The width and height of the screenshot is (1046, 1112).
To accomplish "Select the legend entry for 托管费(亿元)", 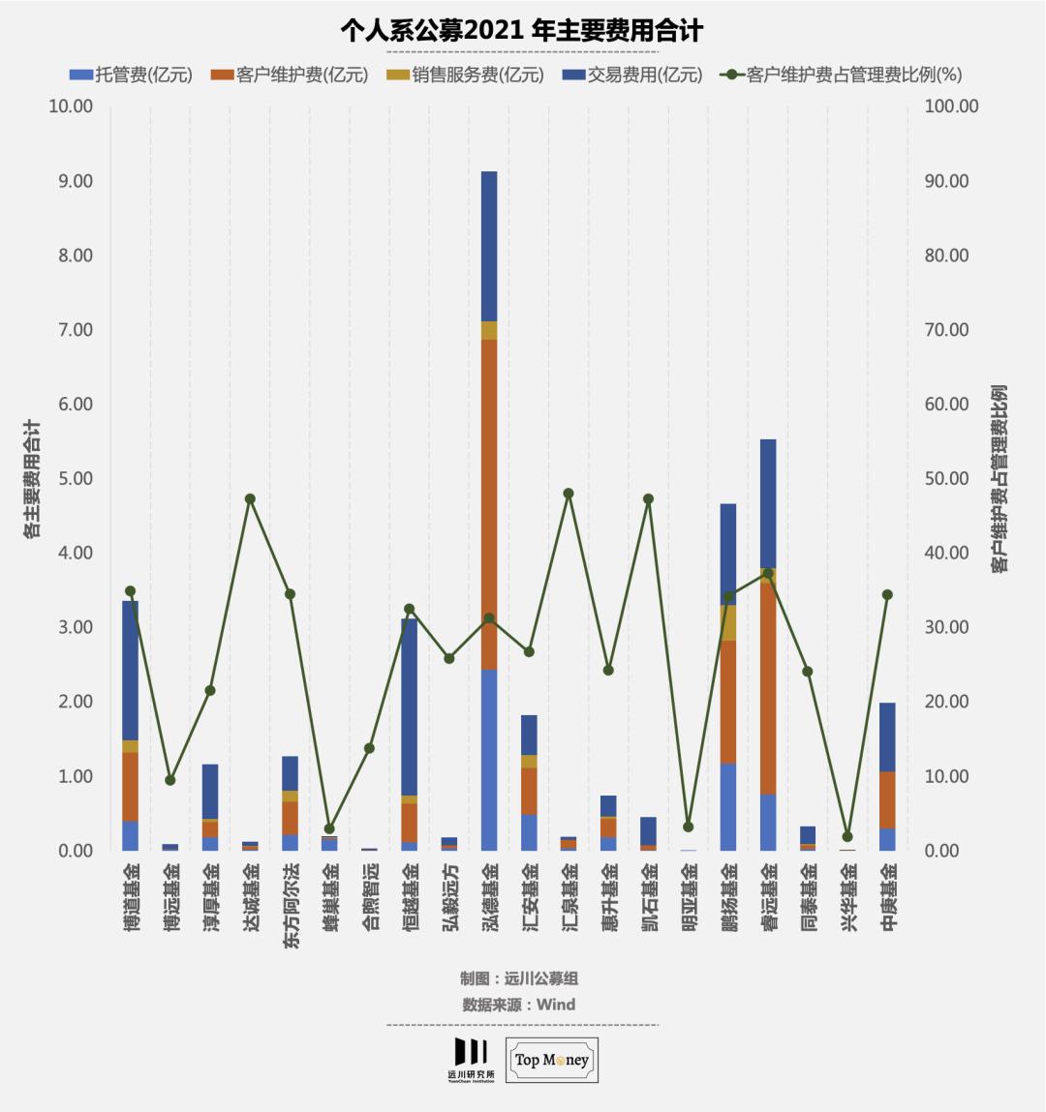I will tap(132, 75).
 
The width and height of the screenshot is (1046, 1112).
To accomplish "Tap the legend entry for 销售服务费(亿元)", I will tap(466, 75).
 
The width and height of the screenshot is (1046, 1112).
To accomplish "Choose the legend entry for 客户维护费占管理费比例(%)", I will tap(843, 75).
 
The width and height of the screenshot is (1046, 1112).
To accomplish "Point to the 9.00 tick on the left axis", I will tap(71, 181).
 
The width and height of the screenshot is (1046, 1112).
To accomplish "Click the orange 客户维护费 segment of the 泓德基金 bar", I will tap(489, 503).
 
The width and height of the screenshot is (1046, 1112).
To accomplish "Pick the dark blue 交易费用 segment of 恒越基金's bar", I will tap(410, 706).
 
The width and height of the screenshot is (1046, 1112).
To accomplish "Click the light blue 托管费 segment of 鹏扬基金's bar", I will tap(728, 806).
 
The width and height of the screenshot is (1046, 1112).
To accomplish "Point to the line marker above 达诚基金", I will tap(250, 499).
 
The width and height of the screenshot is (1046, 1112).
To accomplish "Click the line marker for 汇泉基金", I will tap(569, 494).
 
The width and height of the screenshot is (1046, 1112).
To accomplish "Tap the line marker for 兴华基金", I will tap(847, 836).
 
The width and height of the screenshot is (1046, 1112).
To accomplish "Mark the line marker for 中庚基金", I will tap(887, 595).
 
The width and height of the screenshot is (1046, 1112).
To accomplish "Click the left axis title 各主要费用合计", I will tap(32, 478).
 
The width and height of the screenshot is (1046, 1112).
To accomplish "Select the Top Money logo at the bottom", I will tap(552, 1060).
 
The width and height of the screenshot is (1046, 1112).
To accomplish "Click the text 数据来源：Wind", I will tap(519, 1005).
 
